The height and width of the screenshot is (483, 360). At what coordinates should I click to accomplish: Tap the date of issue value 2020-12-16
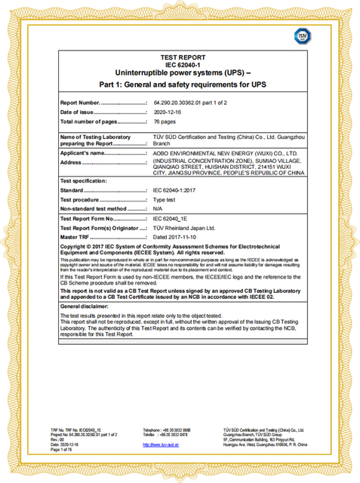pos(168,112)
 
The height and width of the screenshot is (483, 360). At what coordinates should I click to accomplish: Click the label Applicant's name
pos(88,153)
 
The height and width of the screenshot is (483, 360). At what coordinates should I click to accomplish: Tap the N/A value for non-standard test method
pos(158,208)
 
